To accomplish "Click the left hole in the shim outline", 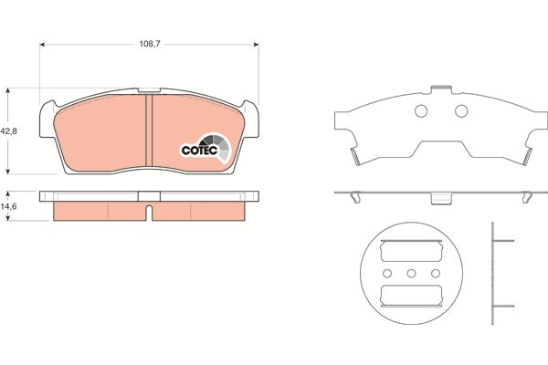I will (x=421, y=111).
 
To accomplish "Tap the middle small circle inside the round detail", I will (x=410, y=274).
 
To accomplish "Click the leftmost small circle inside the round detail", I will (x=388, y=274).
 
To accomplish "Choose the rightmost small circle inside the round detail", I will (x=432, y=274).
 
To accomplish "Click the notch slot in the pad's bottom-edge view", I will (x=147, y=212).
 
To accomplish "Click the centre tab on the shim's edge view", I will (x=442, y=197).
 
